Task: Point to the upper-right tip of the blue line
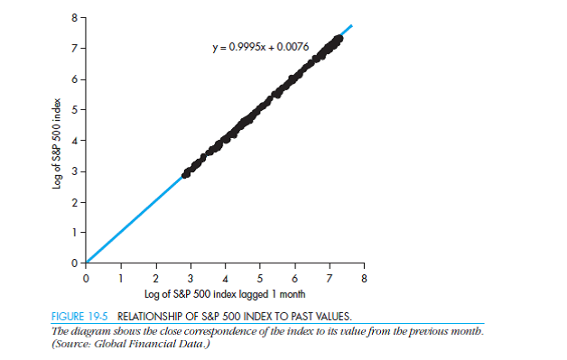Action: [352, 25]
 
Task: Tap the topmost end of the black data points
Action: [339, 38]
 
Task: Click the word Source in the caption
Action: [73, 341]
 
